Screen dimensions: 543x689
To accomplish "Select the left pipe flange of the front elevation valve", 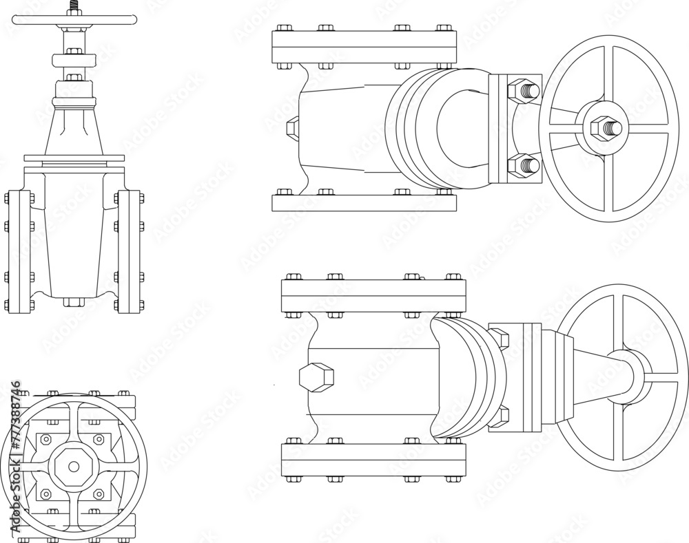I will (19, 252).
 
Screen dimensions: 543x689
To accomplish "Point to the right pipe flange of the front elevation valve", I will (129, 252).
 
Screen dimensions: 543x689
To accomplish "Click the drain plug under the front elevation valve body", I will (74, 301).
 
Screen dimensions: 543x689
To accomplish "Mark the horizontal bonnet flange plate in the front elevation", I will (74, 158).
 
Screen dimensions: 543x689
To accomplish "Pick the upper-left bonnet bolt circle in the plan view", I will (46, 439).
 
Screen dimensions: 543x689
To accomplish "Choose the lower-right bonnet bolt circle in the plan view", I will (99, 493).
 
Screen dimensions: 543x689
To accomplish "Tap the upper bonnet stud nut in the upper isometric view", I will (523, 90).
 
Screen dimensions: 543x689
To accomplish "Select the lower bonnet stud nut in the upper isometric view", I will (523, 165).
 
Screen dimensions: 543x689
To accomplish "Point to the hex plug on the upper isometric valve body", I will (292, 128).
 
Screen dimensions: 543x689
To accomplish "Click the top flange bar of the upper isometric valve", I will (364, 47).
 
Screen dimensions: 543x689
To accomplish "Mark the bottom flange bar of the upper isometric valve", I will (364, 203).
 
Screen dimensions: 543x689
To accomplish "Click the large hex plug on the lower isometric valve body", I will (316, 377).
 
